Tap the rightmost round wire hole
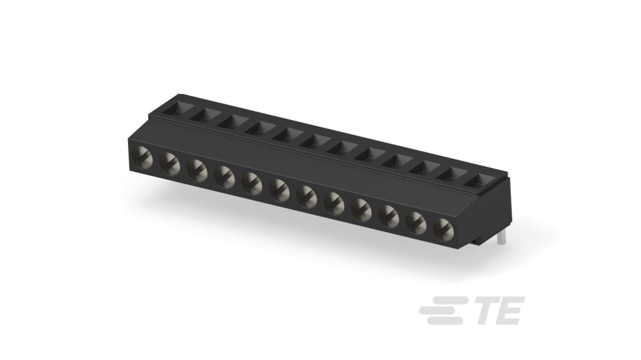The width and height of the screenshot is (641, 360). tap(443, 229)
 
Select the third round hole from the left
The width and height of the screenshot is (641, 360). tap(198, 171)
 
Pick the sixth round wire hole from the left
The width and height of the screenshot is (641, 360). tap(279, 190)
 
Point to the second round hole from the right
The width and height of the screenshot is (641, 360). tap(416, 222)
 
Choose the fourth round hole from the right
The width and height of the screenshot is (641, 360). tap(362, 209)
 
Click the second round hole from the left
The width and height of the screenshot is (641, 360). tap(170, 164)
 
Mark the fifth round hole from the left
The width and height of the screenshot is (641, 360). tap(252, 184)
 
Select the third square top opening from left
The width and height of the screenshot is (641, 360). tap(232, 121)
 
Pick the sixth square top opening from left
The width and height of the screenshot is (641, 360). tap(315, 141)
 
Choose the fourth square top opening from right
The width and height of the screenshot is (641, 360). tap(397, 161)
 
